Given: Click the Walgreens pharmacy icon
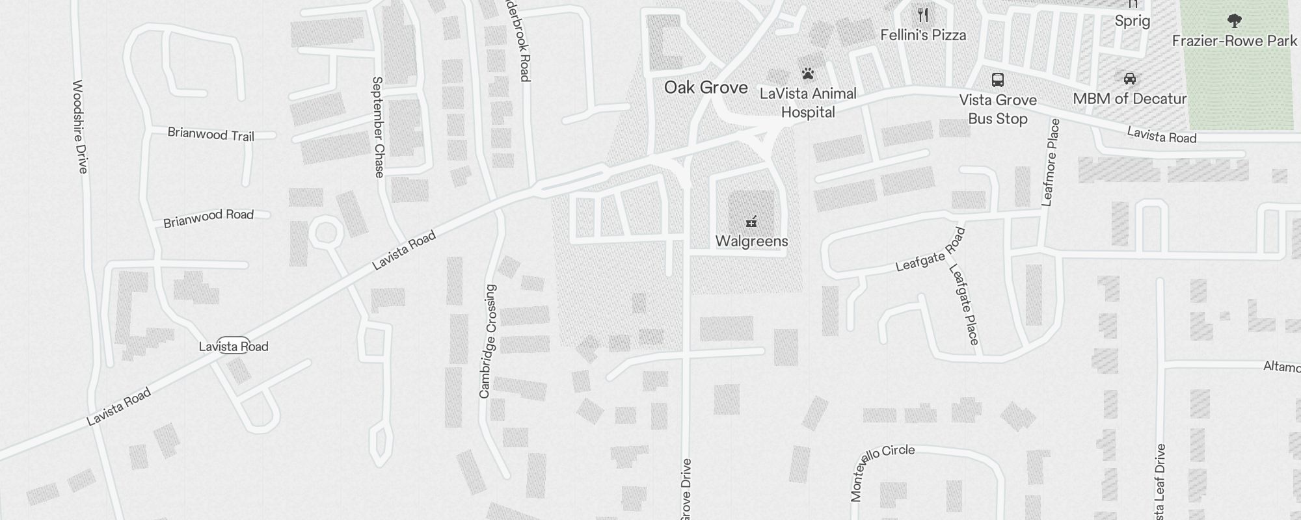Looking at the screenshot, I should click(x=751, y=222).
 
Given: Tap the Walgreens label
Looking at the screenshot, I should click(x=751, y=241).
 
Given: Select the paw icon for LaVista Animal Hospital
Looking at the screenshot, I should click(x=808, y=73).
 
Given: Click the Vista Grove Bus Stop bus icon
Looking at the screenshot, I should click(x=997, y=80).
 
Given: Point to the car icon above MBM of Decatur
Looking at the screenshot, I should click(x=1130, y=79).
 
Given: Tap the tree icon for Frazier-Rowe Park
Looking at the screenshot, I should click(x=1234, y=21).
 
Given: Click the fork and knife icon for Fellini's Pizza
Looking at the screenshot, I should click(x=923, y=14).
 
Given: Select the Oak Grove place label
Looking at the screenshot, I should click(x=706, y=88).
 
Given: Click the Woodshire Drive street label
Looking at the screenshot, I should click(x=80, y=127).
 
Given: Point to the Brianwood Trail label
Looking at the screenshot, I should click(x=211, y=135).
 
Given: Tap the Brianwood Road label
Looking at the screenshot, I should click(x=208, y=218).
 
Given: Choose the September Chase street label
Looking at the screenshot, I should click(x=378, y=127).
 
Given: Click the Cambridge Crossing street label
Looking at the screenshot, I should click(x=487, y=341).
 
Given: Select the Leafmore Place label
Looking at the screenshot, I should click(x=1051, y=162).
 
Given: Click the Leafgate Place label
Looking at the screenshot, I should click(x=964, y=304).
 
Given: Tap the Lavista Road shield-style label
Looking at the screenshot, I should click(x=234, y=346).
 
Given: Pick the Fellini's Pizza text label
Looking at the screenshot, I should click(x=923, y=35).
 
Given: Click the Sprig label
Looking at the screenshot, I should click(x=1133, y=21).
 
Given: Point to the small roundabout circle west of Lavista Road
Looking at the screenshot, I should click(x=325, y=233).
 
